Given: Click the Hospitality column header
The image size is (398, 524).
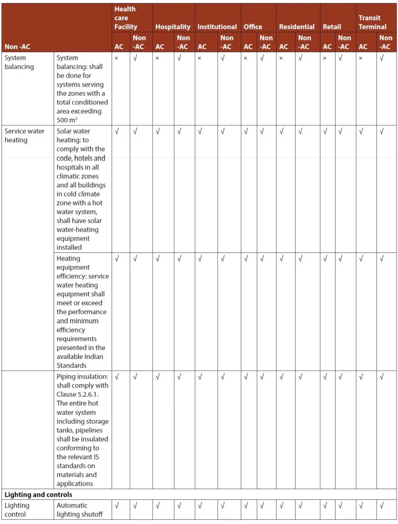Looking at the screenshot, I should (173, 27).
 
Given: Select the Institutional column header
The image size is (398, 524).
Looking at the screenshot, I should (217, 27).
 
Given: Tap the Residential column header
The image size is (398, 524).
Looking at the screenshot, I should (297, 27).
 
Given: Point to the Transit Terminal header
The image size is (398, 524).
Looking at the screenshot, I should (372, 22).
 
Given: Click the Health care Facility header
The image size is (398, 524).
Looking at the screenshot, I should (126, 18).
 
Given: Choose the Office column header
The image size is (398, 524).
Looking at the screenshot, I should (253, 27).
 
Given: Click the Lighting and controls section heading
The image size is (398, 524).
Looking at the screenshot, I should (38, 495).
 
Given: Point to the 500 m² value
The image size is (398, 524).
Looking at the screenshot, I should (69, 120).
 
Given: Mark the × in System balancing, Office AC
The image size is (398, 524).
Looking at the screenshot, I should (246, 58).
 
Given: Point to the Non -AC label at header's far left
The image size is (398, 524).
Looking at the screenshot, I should (17, 47).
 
